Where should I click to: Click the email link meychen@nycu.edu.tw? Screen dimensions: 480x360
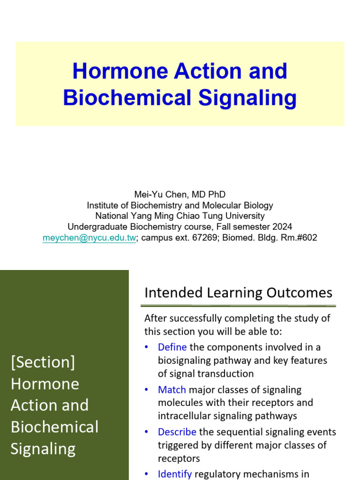click(x=89, y=238)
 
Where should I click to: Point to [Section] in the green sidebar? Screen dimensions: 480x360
click(x=43, y=362)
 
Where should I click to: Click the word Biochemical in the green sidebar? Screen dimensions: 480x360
click(x=54, y=427)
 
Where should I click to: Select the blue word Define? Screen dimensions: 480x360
click(x=172, y=347)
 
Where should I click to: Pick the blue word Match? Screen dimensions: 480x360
click(x=172, y=390)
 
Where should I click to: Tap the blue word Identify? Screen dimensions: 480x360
click(x=175, y=474)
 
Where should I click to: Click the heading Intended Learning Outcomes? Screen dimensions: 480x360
click(x=238, y=293)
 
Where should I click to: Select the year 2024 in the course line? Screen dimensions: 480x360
click(x=283, y=227)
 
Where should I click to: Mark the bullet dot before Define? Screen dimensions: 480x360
click(x=147, y=347)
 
